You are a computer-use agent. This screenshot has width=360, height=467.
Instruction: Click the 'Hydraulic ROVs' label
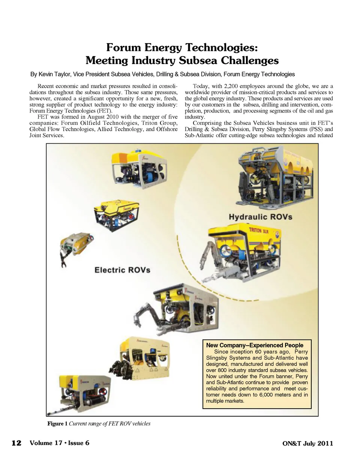point(260,217)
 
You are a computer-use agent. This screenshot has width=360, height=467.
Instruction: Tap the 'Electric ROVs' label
point(122,270)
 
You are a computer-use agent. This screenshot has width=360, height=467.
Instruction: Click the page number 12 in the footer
point(16,443)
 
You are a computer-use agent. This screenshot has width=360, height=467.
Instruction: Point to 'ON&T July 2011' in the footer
point(307,443)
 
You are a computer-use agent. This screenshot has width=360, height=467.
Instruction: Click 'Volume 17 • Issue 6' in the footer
point(59,443)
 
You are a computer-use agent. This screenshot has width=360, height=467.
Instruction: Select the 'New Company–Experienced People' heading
point(255,345)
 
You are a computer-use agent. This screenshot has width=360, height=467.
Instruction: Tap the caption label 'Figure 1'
point(57,424)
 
